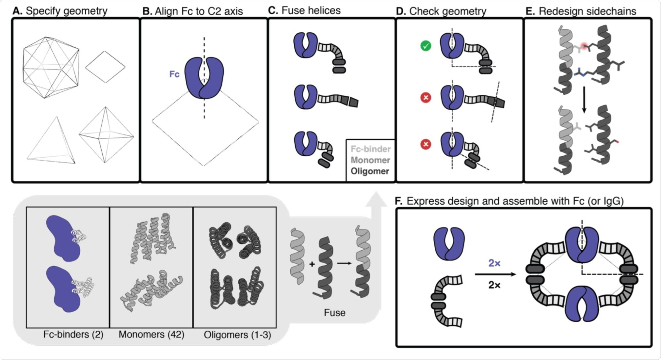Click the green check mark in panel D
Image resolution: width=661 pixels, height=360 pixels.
tap(426, 46)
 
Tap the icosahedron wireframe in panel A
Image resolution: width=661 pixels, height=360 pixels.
tap(51, 68)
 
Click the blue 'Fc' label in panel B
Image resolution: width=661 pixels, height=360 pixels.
tap(174, 74)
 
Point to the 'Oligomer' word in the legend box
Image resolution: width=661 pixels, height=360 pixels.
tap(370, 171)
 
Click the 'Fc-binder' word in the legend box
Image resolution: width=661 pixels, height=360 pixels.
tap(370, 149)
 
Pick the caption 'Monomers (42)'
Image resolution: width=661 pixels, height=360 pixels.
tap(151, 335)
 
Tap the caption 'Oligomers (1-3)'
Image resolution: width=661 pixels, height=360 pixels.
tap(237, 335)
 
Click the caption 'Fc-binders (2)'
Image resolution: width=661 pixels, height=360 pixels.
tap(73, 335)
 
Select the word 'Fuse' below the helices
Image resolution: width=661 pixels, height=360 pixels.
tap(334, 313)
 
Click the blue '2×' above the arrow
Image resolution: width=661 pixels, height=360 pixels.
tap(494, 263)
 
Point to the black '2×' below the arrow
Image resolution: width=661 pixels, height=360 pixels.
tap(494, 285)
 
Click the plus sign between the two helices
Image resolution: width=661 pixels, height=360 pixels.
tap(312, 264)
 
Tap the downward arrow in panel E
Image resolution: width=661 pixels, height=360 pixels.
tap(584, 100)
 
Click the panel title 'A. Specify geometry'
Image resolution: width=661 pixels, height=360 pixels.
tap(60, 11)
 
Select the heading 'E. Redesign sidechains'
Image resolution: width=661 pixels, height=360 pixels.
tap(581, 11)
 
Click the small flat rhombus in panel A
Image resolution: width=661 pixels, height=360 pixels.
tap(105, 67)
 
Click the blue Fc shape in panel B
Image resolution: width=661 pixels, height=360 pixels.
tap(204, 78)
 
